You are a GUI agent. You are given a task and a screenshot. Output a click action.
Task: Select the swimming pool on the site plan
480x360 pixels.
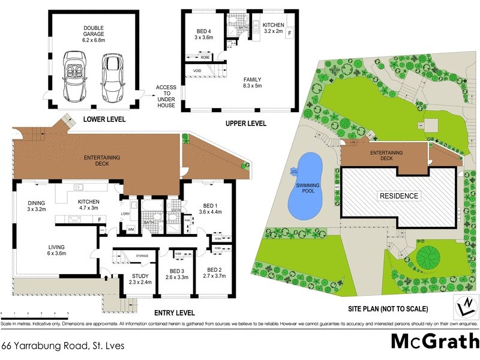click(306, 186)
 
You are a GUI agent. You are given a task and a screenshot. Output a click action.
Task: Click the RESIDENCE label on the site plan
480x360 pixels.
click(398, 196)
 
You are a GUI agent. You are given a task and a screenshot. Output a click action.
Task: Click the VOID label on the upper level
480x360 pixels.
click(196, 71)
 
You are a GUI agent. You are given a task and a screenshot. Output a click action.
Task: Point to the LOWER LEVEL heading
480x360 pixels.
click(104, 119)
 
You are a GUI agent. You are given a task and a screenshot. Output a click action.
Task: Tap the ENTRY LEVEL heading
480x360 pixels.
click(174, 313)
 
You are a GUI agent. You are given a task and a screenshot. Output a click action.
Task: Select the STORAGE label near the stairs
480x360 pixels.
click(142, 256)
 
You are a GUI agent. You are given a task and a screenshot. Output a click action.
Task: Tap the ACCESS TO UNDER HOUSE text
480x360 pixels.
click(166, 96)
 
